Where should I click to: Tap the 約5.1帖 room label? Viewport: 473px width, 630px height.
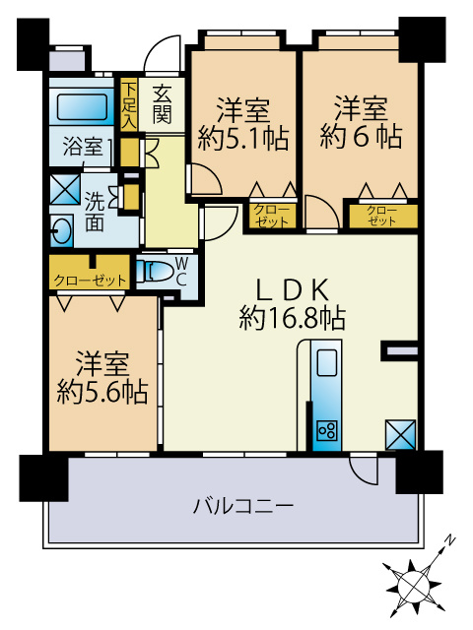tap(242, 123)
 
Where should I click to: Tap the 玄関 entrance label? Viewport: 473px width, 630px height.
tap(163, 102)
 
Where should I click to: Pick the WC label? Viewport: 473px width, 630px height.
tap(182, 271)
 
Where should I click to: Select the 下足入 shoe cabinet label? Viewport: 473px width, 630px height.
tap(129, 101)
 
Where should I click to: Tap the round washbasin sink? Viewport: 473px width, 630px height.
tap(61, 232)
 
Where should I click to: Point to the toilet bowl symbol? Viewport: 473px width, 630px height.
tap(154, 272)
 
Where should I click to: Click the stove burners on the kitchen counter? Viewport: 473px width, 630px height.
tap(326, 430)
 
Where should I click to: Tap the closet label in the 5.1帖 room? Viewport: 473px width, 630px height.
tap(271, 215)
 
